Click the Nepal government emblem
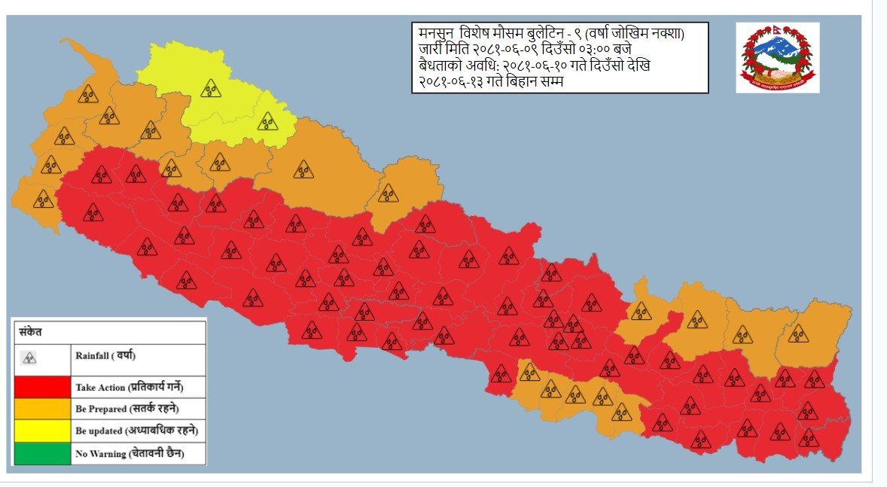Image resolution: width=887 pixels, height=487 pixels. pyautogui.click(x=777, y=57)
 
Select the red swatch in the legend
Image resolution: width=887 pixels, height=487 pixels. pyautogui.click(x=41, y=388)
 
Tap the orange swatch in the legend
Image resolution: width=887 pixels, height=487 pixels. pyautogui.click(x=41, y=409)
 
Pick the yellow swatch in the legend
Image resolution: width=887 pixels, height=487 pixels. pyautogui.click(x=41, y=431)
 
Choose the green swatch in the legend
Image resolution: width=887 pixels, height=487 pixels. pyautogui.click(x=41, y=454)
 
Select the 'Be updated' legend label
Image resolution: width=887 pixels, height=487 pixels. pyautogui.click(x=136, y=432)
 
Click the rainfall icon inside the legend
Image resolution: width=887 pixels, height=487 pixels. pyautogui.click(x=29, y=358)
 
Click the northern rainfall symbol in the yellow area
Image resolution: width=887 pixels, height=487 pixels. pyautogui.click(x=210, y=88)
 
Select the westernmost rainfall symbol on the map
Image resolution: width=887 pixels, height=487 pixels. pyautogui.click(x=44, y=199)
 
